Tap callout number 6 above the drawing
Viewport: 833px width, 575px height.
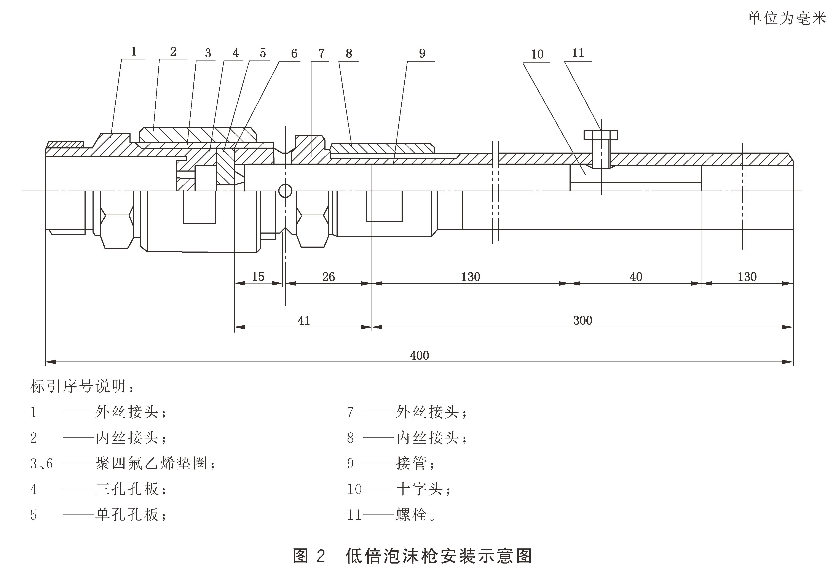294,54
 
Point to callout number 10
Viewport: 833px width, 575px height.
537,54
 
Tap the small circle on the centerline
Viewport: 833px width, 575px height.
285,191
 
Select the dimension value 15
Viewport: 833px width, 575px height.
258,277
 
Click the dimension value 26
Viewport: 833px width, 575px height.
328,277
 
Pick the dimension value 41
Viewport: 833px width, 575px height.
303,320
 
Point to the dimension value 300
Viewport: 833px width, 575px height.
582,320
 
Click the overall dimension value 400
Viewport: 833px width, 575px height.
419,355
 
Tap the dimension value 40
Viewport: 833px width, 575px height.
636,277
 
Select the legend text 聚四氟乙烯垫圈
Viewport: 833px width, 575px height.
151,463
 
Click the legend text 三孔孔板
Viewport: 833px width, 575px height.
127,489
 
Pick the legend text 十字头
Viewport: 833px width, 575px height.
419,489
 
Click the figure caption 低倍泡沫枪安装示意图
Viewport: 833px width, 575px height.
439,556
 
